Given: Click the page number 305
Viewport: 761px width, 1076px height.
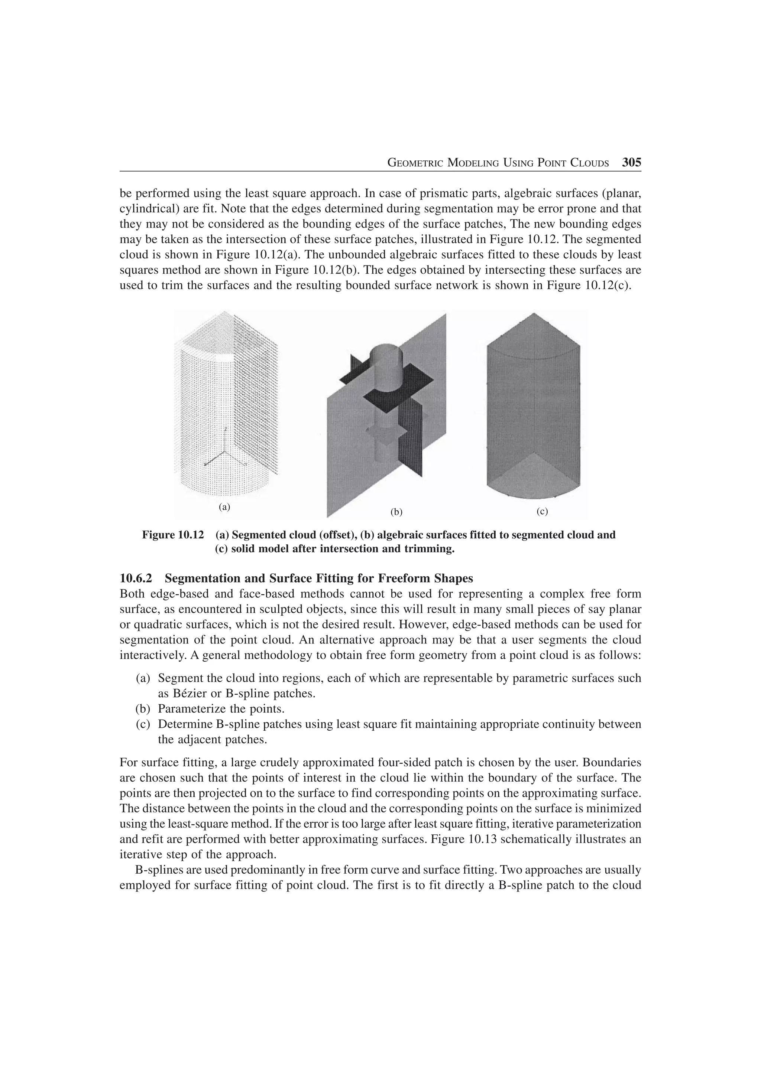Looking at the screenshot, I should [x=631, y=163].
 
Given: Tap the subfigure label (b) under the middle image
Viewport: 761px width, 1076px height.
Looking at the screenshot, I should [x=397, y=512].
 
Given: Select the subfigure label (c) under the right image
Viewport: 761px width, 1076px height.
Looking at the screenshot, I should [x=542, y=512].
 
